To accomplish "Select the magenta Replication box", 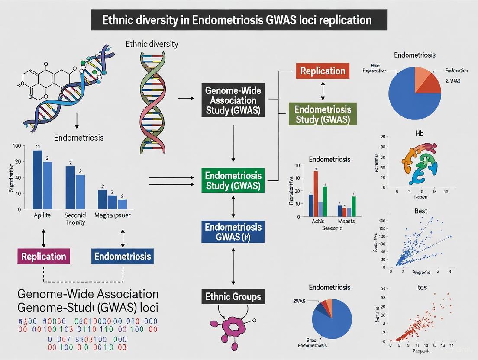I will click(44, 256).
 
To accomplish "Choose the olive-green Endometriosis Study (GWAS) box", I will click(323, 114).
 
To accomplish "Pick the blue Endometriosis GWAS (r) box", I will click(234, 231).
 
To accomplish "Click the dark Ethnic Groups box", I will click(233, 297).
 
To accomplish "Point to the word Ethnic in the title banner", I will click(116, 20).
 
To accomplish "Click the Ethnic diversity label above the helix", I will click(152, 44).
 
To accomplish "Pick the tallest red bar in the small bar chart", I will click(316, 193).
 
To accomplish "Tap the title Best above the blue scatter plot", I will click(420, 211).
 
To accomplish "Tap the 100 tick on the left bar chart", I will click(17, 146).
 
